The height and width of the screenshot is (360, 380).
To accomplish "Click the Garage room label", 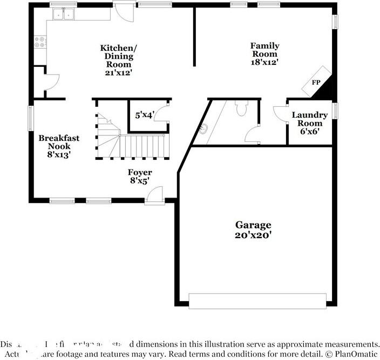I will pyautogui.click(x=253, y=225).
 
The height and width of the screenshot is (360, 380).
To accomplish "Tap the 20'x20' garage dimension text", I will pyautogui.click(x=253, y=235).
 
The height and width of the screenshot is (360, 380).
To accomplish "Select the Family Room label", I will pyautogui.click(x=264, y=50).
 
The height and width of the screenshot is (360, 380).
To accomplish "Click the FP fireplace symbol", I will pyautogui.click(x=316, y=81).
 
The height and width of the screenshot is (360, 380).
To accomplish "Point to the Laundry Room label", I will pyautogui.click(x=309, y=119).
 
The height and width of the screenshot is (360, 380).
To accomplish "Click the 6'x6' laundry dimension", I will pyautogui.click(x=309, y=131).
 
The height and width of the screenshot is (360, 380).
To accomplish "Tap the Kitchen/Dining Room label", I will pyautogui.click(x=119, y=56).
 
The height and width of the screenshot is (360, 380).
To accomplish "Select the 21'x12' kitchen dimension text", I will pyautogui.click(x=119, y=72).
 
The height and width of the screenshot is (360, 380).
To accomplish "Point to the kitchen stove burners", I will pyautogui.click(x=40, y=42).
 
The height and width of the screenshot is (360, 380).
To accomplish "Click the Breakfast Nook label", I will pyautogui.click(x=59, y=142).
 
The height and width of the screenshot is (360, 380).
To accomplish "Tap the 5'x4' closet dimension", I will pyautogui.click(x=145, y=115).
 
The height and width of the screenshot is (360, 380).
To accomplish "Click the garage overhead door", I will pyautogui.click(x=257, y=301).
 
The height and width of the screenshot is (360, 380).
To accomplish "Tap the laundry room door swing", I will pyautogui.click(x=280, y=114).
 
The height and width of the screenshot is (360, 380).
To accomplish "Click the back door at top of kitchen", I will pyautogui.click(x=124, y=11).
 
